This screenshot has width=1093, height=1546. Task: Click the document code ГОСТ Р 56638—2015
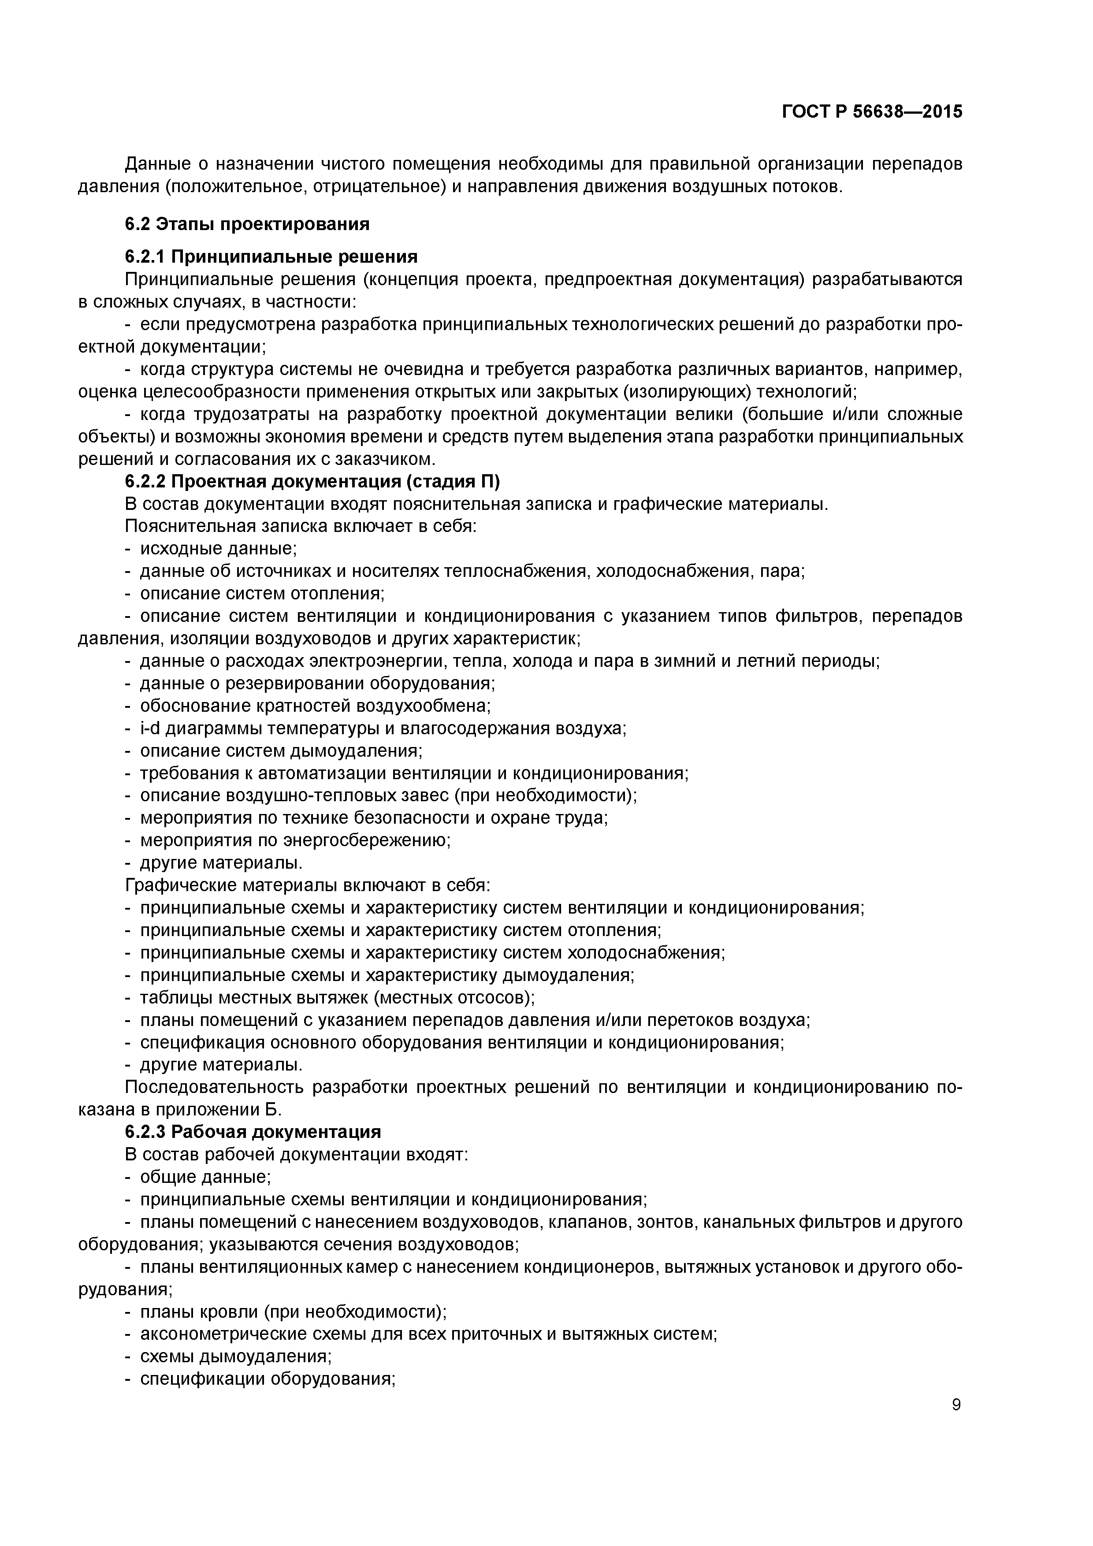pyautogui.click(x=872, y=112)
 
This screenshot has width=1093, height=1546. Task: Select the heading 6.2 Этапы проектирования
pyautogui.click(x=247, y=224)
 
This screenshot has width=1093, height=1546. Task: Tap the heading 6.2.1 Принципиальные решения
pyautogui.click(x=271, y=256)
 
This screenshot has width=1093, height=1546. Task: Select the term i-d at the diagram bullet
pyautogui.click(x=150, y=728)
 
